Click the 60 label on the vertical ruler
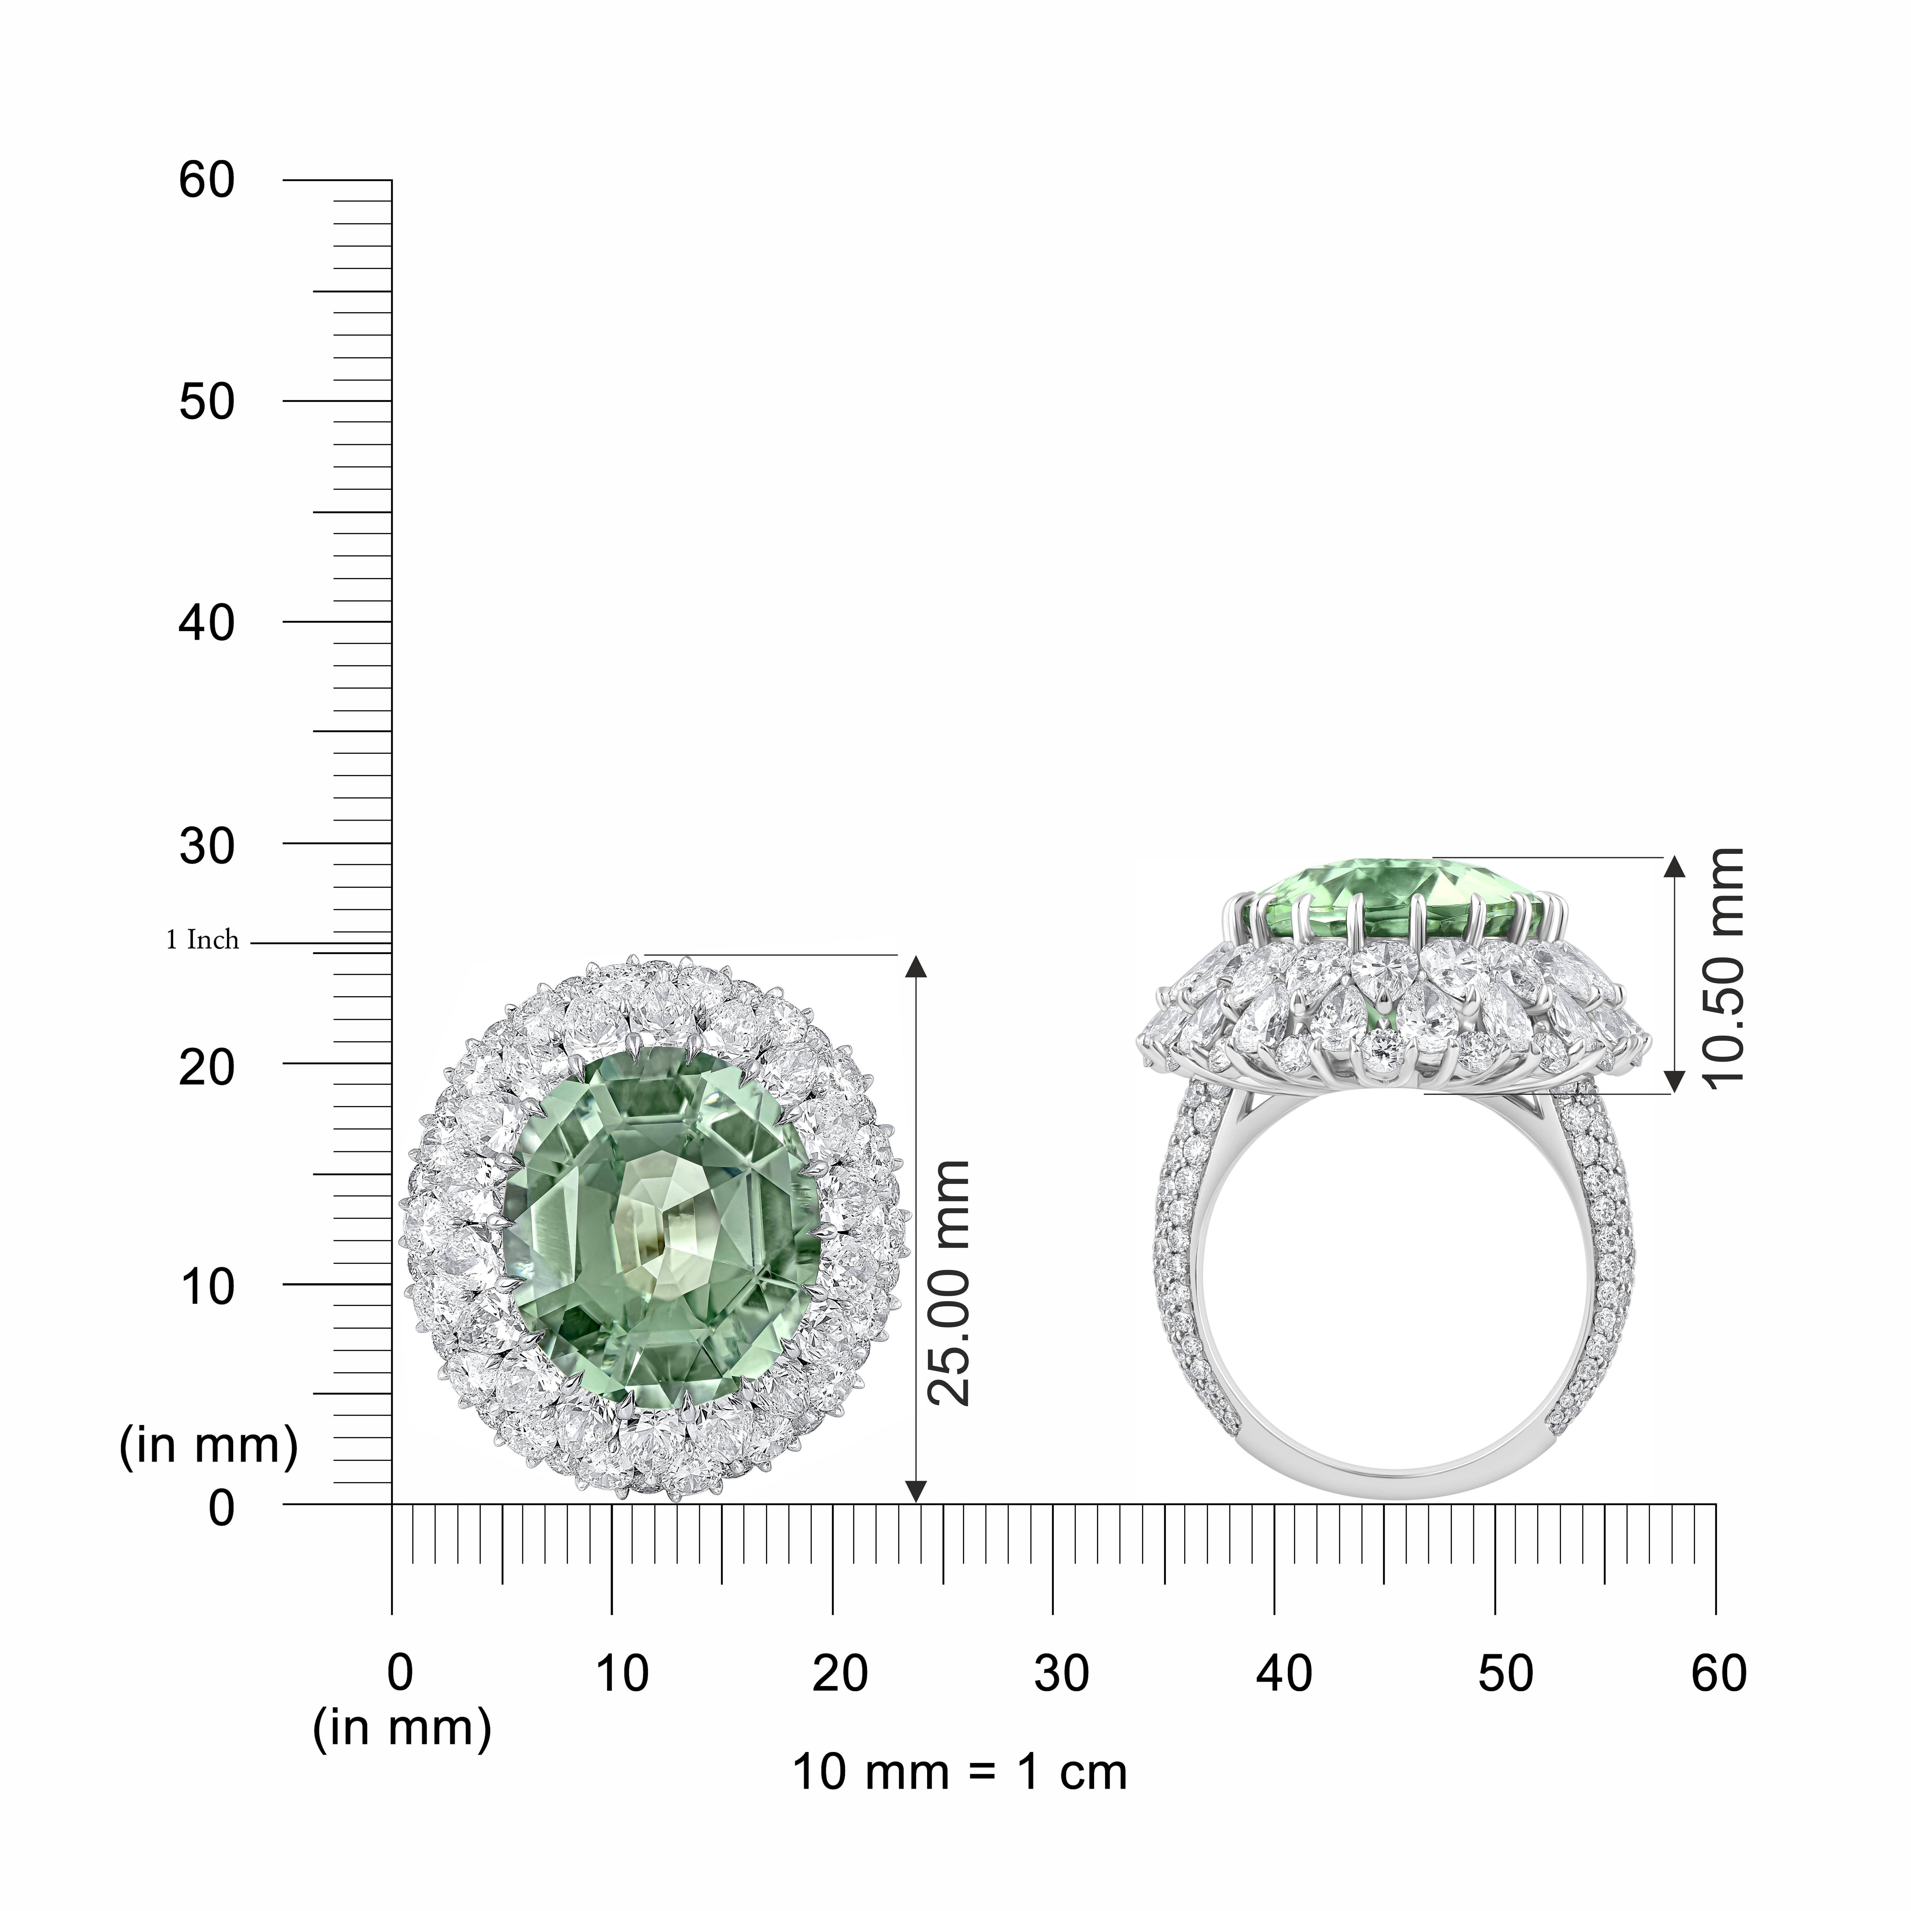(207, 181)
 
